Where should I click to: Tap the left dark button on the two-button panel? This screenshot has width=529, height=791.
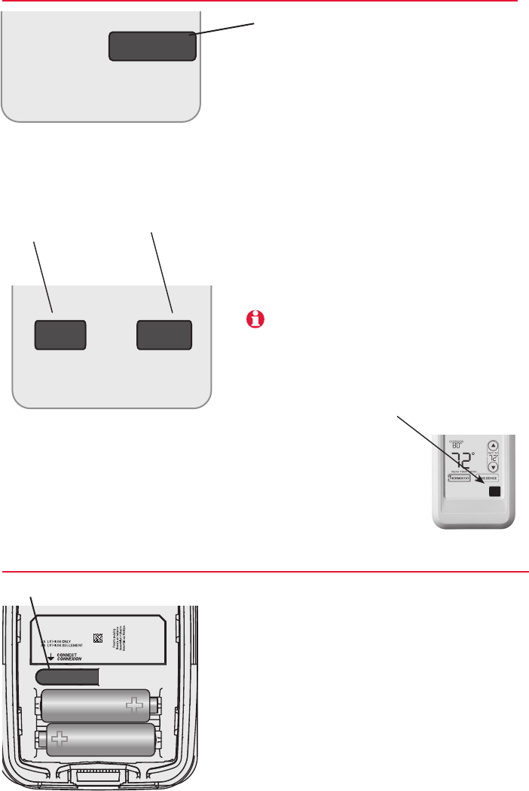[60, 334]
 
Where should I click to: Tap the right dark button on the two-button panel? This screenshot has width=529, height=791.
[164, 334]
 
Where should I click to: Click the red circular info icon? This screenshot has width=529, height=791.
[257, 319]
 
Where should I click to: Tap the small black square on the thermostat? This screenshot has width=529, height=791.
[494, 492]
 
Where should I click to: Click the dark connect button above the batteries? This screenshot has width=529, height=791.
[67, 676]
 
